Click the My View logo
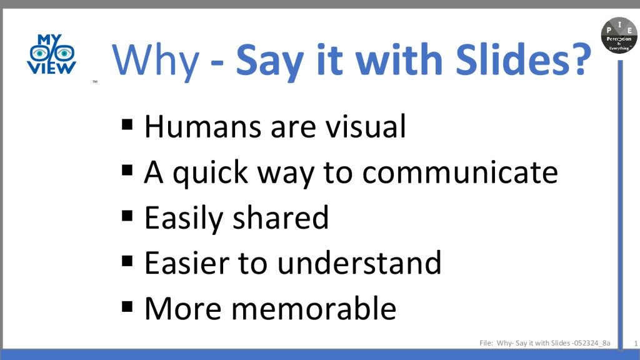coord(51,54)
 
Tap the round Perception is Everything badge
coord(619,35)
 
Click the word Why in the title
coord(156,61)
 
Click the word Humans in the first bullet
coord(202,126)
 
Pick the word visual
coord(365,126)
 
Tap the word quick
coord(210,173)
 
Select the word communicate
coord(460,172)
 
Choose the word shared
coord(281,217)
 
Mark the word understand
coord(359,263)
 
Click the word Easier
coord(186,263)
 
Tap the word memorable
coord(314,308)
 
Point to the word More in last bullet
coord(183,309)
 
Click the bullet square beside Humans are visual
coord(127,124)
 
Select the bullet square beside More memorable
coord(127,306)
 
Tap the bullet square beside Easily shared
coord(127,216)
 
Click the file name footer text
coord(545,343)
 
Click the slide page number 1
coord(636,344)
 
